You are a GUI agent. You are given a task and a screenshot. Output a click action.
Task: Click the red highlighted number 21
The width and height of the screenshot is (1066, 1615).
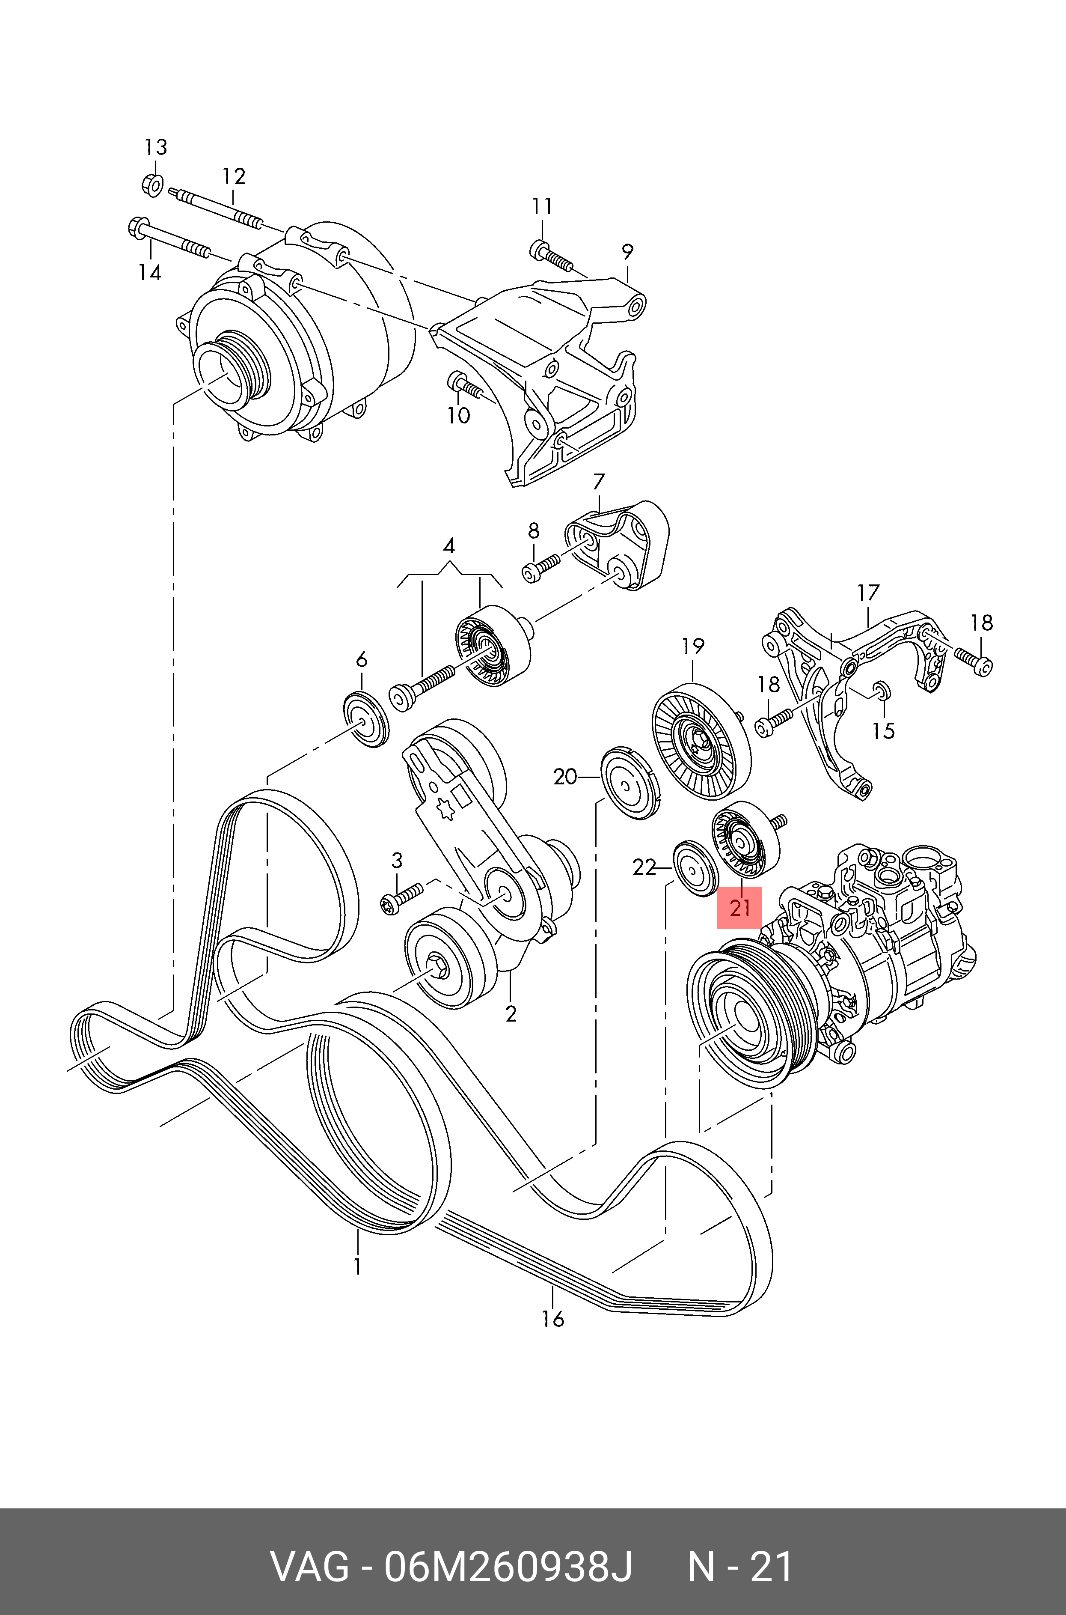point(739,908)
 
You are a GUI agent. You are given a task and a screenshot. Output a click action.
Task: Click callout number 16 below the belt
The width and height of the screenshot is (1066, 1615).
point(553,1319)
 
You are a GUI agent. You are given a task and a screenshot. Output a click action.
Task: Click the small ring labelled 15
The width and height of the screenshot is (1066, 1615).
point(882,689)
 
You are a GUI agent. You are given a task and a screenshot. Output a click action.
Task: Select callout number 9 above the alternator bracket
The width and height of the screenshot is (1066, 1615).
point(627,252)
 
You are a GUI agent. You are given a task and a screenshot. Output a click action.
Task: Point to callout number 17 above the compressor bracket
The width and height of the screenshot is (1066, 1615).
point(868,593)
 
